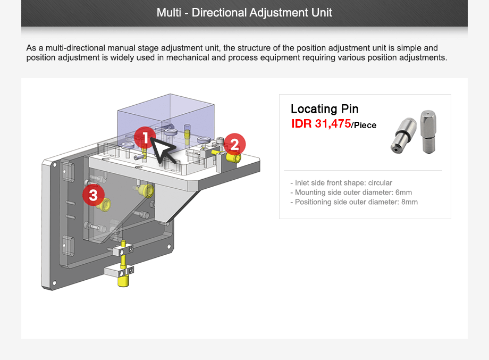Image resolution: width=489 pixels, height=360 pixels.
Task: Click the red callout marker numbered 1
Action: [145, 138]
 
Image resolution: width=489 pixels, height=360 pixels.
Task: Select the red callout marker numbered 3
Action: [94, 195]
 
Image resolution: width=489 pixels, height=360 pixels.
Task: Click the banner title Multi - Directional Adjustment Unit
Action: [244, 13]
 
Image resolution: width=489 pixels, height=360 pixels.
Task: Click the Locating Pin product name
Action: [324, 109]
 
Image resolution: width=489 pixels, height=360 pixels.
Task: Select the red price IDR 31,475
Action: [321, 124]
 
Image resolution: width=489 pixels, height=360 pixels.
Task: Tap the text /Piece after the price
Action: [364, 125]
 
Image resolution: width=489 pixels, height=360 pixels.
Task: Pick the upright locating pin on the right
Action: [428, 131]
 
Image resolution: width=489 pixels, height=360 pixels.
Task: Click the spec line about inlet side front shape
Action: [341, 183]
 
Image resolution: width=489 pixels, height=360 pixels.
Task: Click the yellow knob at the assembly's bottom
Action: [124, 279]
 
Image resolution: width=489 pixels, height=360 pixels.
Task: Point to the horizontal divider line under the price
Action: [365, 170]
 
